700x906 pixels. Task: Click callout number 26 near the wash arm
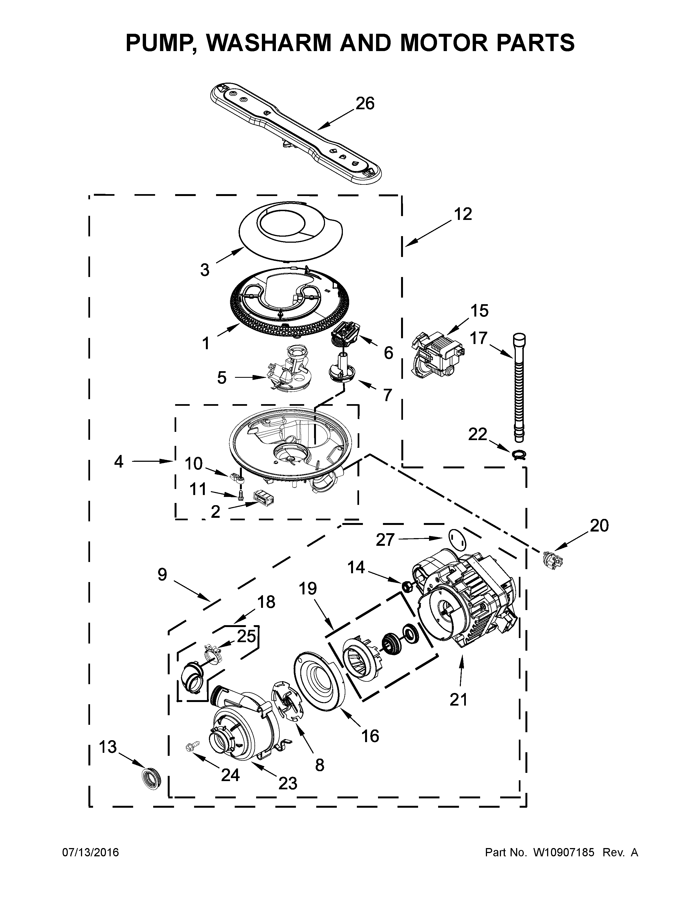click(x=365, y=103)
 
